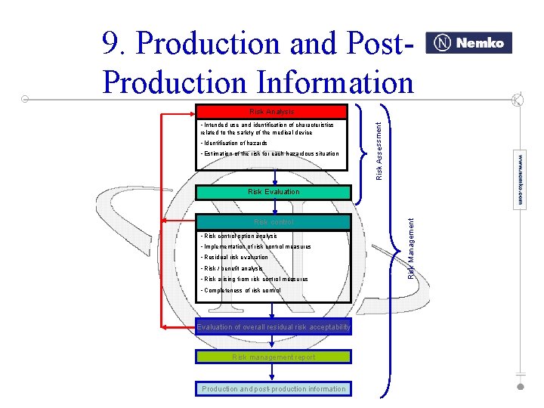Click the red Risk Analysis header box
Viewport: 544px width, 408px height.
click(271, 112)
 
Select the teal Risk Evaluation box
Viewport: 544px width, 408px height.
click(274, 192)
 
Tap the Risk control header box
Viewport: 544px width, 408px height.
click(274, 222)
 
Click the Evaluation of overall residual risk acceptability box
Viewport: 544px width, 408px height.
click(274, 327)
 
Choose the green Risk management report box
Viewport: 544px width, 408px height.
click(274, 357)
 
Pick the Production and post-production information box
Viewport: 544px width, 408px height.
click(274, 389)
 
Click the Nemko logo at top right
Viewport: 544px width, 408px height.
click(469, 43)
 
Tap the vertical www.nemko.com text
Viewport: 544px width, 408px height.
click(521, 178)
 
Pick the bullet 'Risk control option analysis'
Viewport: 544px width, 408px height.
click(239, 236)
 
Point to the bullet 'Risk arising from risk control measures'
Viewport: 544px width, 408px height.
click(254, 280)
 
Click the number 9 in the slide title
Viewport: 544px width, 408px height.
click(112, 45)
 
